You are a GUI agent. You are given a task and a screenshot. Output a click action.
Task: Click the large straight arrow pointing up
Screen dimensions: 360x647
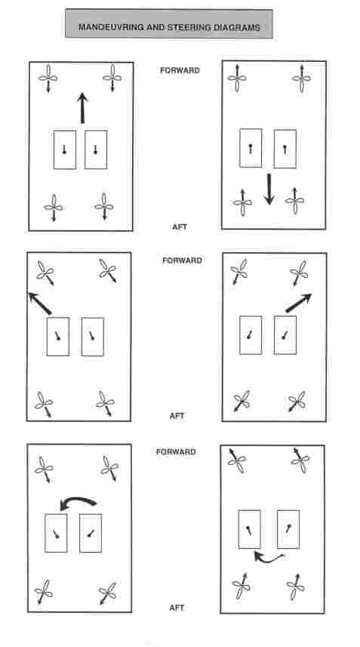[82, 108]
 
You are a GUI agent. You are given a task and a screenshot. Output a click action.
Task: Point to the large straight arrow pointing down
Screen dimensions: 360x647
[269, 189]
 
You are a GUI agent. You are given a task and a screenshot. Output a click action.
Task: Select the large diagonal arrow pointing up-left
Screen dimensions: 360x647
[40, 303]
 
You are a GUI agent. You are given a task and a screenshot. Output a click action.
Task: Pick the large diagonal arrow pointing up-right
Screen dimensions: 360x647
[299, 303]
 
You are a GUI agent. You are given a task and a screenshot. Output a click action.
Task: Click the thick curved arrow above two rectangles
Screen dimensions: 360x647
[78, 503]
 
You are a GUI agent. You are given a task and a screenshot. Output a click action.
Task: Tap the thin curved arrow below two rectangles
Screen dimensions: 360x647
[269, 558]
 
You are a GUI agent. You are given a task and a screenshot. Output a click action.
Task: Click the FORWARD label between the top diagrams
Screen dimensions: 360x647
[180, 70]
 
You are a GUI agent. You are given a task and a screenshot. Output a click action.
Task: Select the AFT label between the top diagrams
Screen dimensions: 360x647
[180, 226]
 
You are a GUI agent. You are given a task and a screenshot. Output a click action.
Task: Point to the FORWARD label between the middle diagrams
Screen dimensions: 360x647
[183, 260]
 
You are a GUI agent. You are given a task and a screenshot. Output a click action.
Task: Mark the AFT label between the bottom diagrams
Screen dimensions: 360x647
[177, 608]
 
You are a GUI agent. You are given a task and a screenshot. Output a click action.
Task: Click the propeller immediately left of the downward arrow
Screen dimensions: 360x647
[242, 202]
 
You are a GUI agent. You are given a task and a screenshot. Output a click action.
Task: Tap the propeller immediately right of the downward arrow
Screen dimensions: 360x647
[295, 201]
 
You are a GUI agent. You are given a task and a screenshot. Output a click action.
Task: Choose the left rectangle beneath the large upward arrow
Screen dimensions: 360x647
[65, 149]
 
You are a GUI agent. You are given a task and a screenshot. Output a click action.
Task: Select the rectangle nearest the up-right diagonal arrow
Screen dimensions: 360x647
[285, 335]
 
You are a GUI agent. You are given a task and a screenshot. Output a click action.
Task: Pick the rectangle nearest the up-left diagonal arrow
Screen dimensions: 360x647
[57, 336]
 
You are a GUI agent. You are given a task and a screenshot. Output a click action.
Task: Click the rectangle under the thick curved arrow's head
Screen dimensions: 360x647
[56, 533]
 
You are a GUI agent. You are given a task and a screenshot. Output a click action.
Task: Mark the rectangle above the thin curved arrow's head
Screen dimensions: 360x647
[250, 529]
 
